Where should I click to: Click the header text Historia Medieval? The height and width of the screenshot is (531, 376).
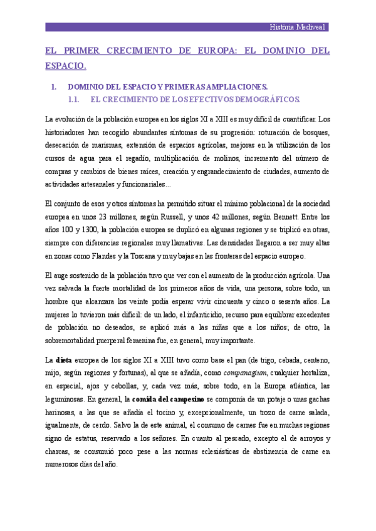(298, 27)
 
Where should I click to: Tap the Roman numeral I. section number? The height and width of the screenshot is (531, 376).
(55, 87)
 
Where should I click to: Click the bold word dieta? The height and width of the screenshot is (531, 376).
(63, 360)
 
